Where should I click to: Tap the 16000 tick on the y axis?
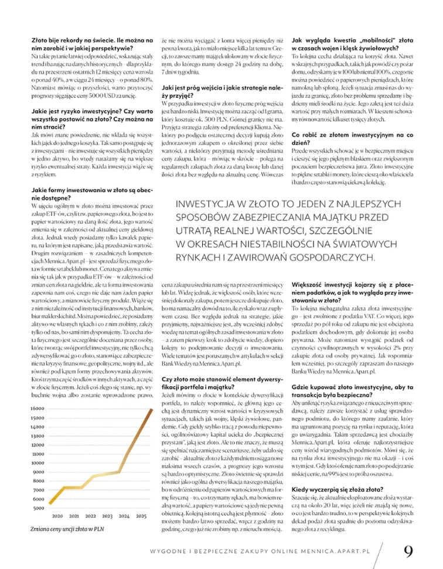click(x=38, y=408)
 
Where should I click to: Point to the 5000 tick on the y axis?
click(x=39, y=507)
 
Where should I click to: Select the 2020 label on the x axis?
click(x=57, y=516)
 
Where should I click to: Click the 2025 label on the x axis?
click(x=141, y=516)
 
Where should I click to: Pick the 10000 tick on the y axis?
click(x=38, y=462)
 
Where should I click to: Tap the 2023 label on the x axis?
click(x=107, y=516)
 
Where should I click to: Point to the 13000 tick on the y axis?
click(x=38, y=435)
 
